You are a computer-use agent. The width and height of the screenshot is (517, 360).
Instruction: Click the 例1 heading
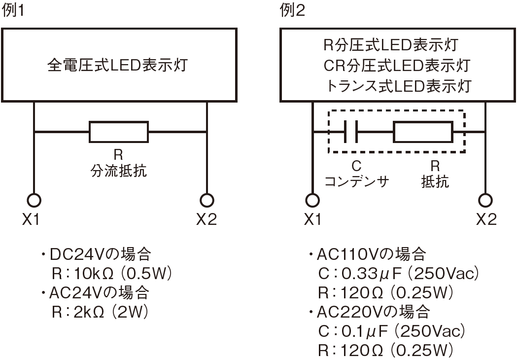coord(13,10)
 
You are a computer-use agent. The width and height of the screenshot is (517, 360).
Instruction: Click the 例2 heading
coord(292,10)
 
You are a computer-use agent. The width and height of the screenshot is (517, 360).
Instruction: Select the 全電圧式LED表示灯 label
coord(118,65)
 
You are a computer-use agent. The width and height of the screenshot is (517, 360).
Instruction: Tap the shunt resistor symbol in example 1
coord(119,132)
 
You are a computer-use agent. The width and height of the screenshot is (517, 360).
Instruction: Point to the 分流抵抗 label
coord(119,171)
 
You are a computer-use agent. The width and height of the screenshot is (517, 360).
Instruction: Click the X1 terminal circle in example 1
coord(34,200)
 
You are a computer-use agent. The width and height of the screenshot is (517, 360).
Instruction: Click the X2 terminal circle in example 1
coord(207,200)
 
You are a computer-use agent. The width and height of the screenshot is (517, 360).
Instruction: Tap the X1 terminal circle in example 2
coord(312,200)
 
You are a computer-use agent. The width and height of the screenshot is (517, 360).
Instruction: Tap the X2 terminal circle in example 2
coord(485,200)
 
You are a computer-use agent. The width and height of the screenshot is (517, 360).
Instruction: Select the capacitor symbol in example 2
coord(351,132)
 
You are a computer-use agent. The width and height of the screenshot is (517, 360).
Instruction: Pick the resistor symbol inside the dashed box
coord(423,132)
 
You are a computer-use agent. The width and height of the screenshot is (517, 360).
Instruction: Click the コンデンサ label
coord(357,181)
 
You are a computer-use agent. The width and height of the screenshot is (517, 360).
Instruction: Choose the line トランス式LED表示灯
coord(398,86)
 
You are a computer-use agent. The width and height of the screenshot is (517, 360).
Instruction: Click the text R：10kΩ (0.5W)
coord(112,274)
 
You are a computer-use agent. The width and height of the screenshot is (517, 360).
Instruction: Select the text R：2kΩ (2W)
coord(100,312)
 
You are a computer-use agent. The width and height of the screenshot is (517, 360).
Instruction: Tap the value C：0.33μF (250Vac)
coord(399,274)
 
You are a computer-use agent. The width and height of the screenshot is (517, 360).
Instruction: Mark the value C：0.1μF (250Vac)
coord(392,331)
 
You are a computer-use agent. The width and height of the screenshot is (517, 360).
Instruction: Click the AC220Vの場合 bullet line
coord(369,312)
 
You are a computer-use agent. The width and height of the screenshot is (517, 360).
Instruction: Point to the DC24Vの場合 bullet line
coord(96,254)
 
